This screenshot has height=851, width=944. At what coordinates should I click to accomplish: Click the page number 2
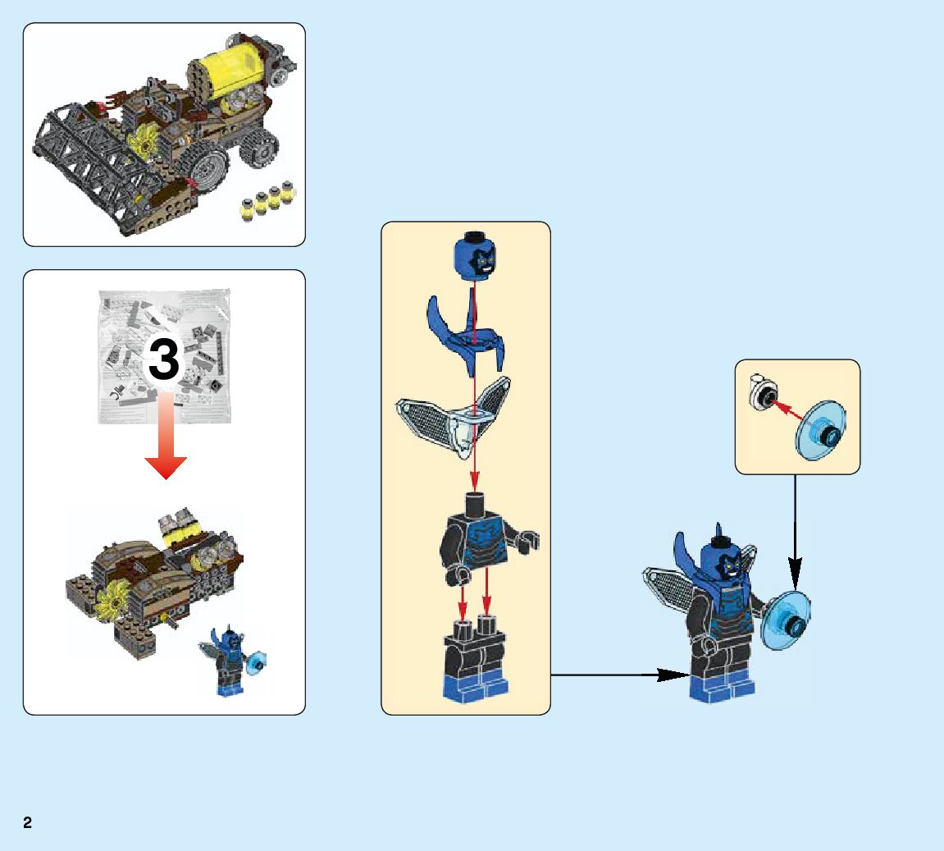click(28, 822)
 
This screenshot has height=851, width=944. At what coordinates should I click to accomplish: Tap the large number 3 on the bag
click(163, 361)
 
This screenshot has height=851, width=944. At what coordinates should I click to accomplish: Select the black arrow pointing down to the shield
click(794, 533)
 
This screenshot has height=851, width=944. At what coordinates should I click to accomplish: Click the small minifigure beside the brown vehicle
click(230, 661)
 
